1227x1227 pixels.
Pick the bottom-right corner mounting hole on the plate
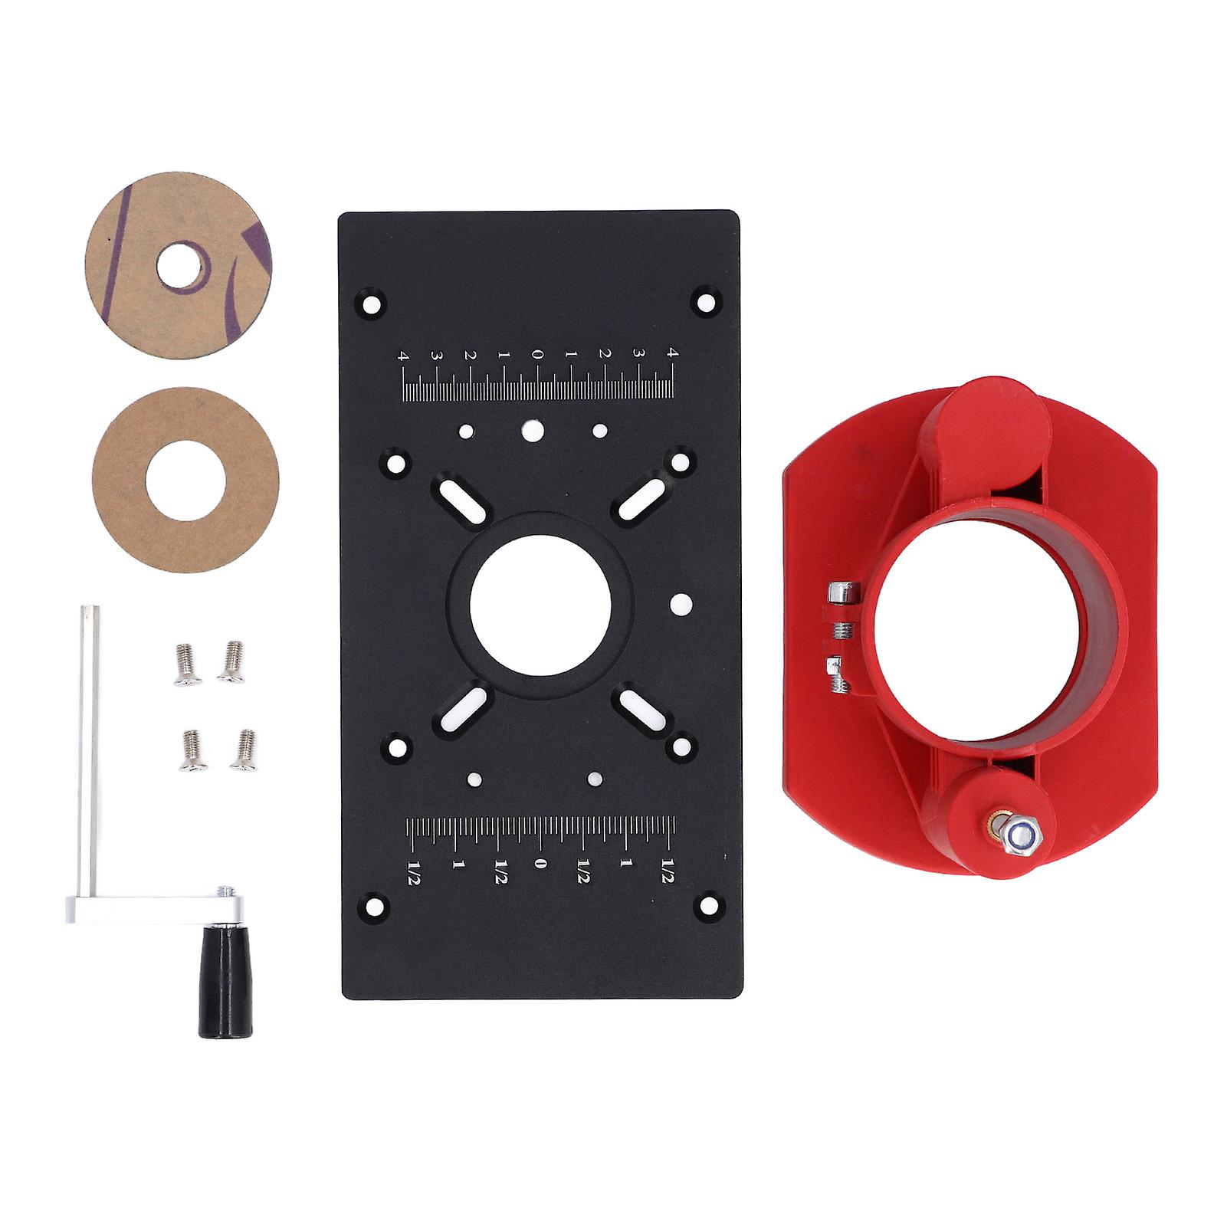click(x=705, y=907)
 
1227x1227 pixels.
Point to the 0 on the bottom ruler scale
click(x=540, y=864)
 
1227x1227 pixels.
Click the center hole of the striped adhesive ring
click(x=182, y=267)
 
